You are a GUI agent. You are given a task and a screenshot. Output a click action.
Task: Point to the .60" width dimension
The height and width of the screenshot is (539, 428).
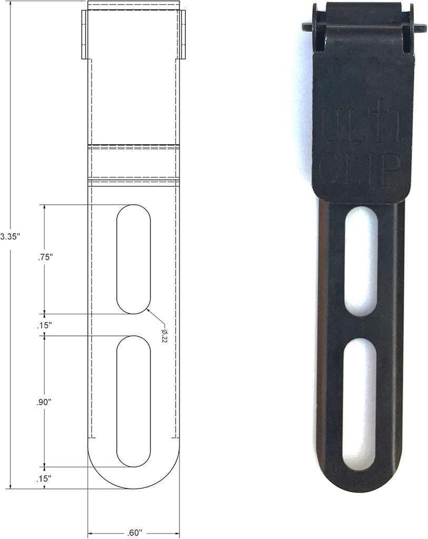134,532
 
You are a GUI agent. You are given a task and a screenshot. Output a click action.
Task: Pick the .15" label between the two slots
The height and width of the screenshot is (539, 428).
45,325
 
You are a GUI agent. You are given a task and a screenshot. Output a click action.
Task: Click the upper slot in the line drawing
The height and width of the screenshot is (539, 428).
134,259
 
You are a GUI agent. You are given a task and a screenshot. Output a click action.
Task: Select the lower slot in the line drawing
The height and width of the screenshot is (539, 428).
134,401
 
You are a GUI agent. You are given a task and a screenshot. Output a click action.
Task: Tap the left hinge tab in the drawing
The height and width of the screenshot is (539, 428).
84,34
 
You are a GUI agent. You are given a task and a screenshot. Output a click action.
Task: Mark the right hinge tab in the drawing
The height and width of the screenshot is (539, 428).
182,34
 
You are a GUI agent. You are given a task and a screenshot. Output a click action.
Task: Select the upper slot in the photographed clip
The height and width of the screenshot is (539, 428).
361,260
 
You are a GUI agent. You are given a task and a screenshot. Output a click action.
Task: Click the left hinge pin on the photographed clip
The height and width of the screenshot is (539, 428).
309,25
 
